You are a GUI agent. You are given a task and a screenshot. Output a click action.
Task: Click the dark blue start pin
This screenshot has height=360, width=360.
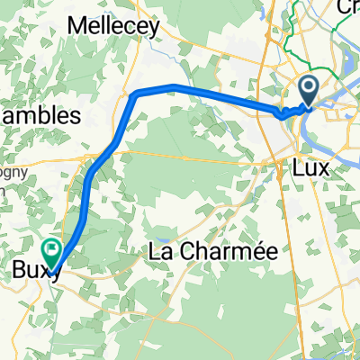click(x=308, y=90)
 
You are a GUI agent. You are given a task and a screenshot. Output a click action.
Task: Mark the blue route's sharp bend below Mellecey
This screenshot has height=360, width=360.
click(x=135, y=94)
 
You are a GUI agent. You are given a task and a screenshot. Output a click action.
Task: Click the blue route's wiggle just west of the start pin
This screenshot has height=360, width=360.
click(x=284, y=113)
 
